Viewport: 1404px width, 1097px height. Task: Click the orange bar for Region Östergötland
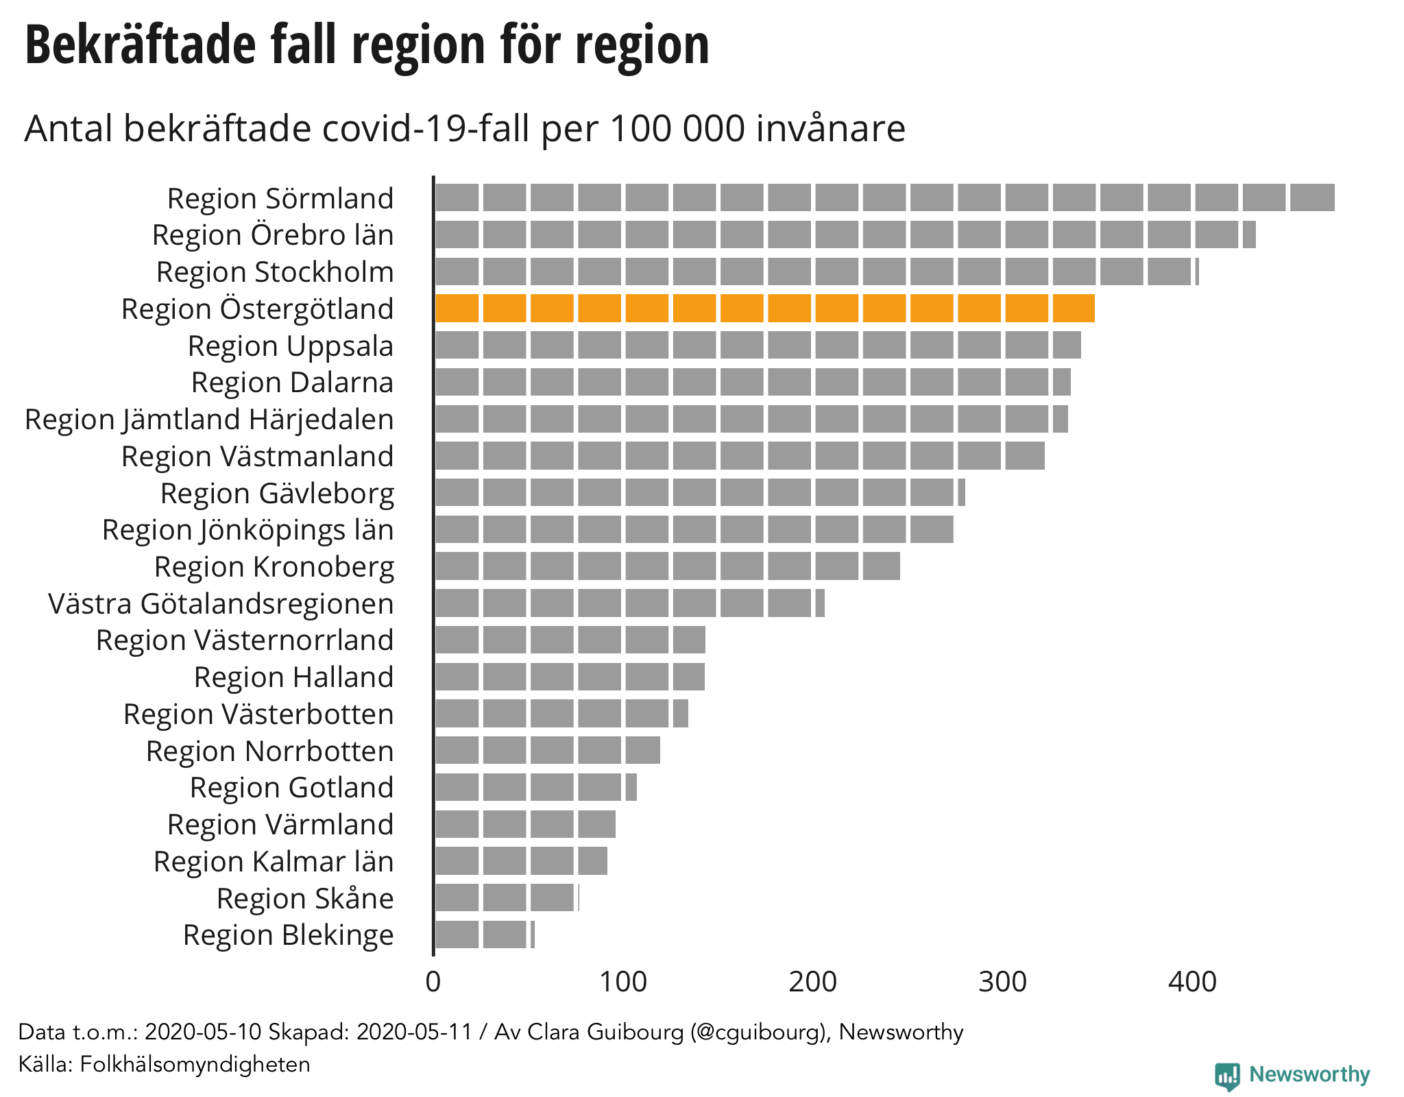tap(764, 309)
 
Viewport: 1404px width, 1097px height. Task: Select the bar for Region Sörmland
tap(884, 197)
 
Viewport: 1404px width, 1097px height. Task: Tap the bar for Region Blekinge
tap(484, 935)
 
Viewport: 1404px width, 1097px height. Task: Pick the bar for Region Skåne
tap(506, 897)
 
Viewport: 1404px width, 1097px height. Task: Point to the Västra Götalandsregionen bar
tap(629, 603)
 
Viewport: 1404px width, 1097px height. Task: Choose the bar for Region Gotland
tap(535, 787)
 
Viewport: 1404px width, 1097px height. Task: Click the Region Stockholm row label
tap(275, 272)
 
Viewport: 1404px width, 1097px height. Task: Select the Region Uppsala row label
tap(291, 346)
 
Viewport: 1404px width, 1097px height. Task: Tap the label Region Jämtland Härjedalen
tap(209, 420)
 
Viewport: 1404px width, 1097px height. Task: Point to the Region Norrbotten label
tap(269, 751)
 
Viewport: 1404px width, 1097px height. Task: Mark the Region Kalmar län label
tap(274, 862)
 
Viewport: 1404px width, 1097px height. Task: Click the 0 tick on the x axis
tap(433, 982)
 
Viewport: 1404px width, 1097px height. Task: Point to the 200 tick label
tap(813, 982)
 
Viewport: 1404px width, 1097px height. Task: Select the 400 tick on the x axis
tap(1193, 982)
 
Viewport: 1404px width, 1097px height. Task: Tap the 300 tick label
tap(1003, 982)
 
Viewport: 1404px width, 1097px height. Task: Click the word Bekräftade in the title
tap(141, 45)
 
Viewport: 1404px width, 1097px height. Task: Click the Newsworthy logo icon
tap(1227, 1075)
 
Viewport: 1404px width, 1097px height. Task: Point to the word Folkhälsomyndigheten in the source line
tap(195, 1064)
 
